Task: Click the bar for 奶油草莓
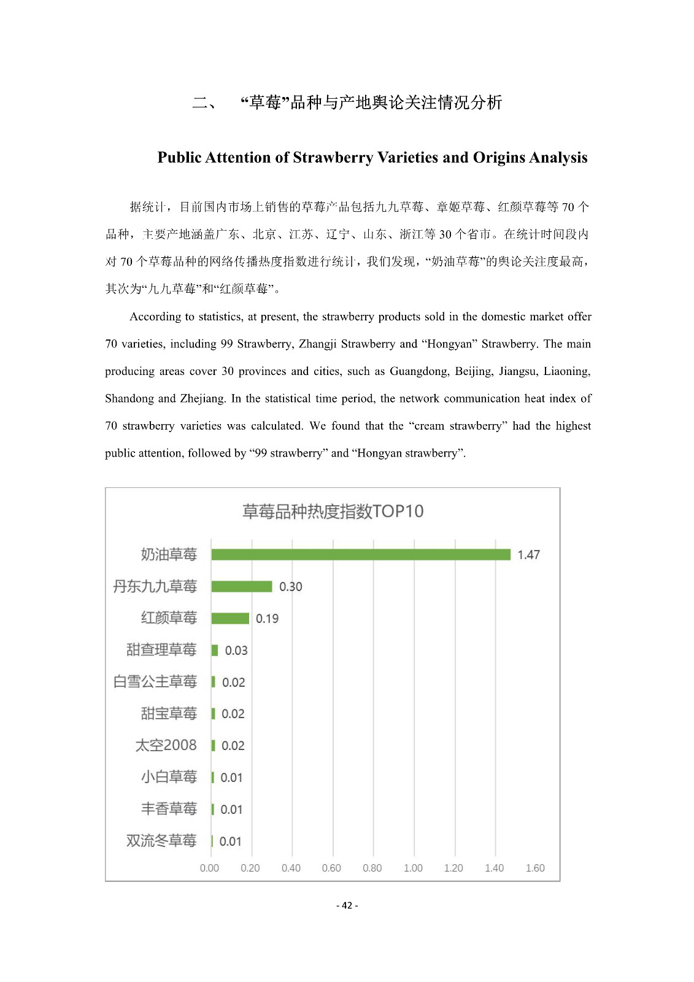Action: click(361, 555)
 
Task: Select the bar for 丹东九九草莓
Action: click(242, 587)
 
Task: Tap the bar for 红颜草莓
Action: click(230, 619)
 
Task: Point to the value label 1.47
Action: click(528, 555)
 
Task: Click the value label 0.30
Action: click(291, 587)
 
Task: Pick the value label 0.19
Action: click(267, 619)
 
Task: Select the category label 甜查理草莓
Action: click(161, 650)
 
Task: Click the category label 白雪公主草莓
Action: click(155, 682)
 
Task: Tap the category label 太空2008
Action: click(166, 745)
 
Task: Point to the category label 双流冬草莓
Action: click(161, 841)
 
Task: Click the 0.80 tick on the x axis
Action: click(372, 868)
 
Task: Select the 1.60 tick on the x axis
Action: click(535, 868)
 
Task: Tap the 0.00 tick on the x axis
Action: click(209, 868)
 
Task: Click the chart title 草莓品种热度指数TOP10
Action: click(333, 511)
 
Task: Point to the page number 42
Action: click(347, 905)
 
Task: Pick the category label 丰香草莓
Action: click(169, 809)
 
